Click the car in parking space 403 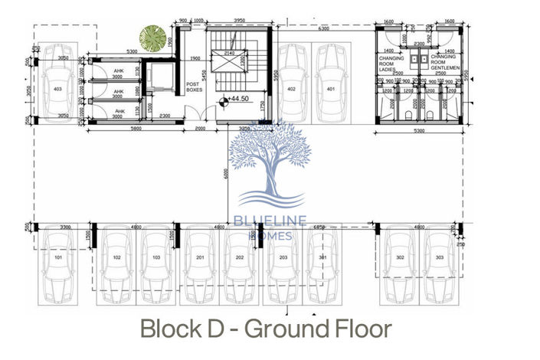(x=58, y=88)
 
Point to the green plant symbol (x=153, y=38)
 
